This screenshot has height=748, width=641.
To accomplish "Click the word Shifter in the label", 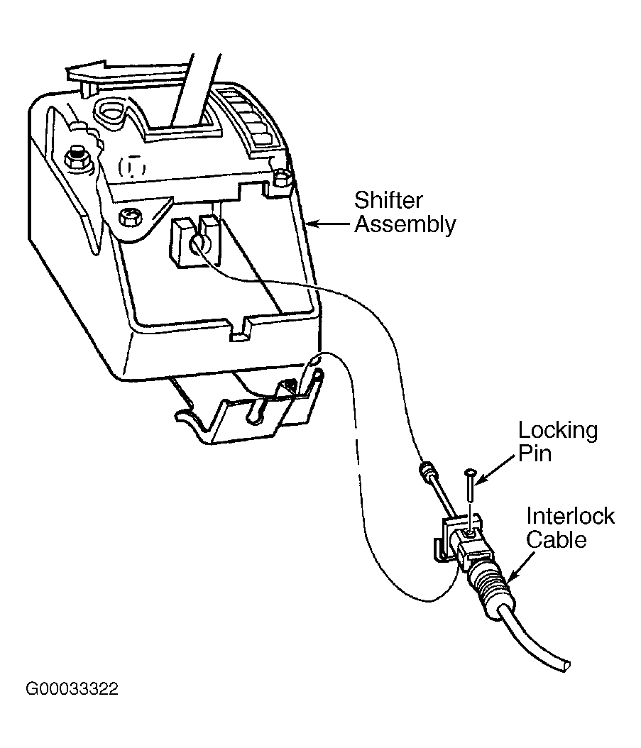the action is [388, 201].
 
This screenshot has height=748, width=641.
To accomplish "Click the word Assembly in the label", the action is [405, 224].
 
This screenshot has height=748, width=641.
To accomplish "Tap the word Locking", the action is [557, 431].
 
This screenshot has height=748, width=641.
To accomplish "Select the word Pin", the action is [535, 453].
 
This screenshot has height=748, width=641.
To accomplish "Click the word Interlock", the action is [570, 516].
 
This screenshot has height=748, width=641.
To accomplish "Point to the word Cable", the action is [556, 539].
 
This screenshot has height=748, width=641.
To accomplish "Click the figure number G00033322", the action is [72, 688].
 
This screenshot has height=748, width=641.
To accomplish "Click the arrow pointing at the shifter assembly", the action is [329, 223].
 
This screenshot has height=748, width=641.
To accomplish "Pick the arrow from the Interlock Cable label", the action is [522, 565].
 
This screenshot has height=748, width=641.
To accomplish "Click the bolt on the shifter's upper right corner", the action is [282, 177].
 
